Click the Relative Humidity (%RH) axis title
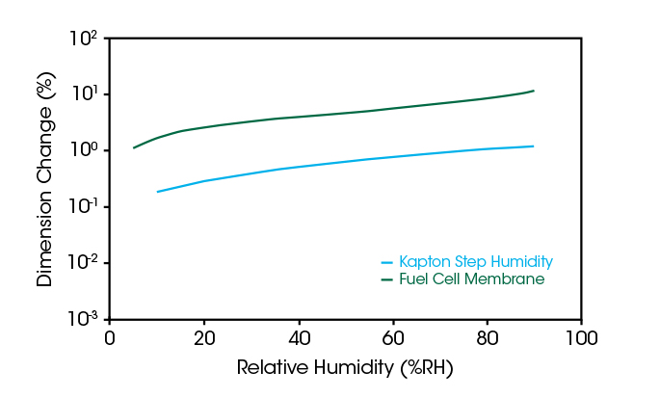point(344,368)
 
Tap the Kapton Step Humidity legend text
point(475,261)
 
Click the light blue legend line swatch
point(387,261)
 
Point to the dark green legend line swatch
point(387,279)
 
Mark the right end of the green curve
point(533,91)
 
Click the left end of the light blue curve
point(157,192)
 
